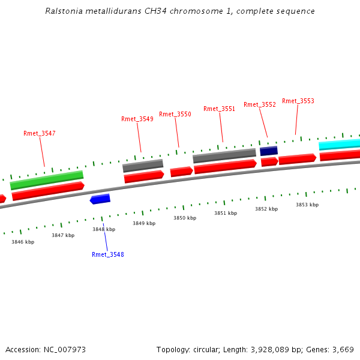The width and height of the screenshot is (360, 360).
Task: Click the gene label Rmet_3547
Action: [40, 133]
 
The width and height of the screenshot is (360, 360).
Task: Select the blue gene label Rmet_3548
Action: [108, 254]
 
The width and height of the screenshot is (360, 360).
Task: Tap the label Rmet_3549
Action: [137, 119]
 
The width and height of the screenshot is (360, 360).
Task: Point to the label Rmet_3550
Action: [175, 114]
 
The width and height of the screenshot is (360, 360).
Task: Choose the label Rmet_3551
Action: [219, 109]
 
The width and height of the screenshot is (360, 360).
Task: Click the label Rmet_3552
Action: [260, 104]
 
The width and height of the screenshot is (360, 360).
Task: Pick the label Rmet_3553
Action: [298, 101]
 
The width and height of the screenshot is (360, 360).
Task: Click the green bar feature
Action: [47, 179]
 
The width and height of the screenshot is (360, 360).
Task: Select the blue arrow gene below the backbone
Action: [100, 199]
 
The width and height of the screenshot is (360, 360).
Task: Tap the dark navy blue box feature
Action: [268, 151]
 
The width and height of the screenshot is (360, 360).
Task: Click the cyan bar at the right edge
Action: [340, 145]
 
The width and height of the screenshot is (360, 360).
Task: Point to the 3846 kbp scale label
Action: [23, 242]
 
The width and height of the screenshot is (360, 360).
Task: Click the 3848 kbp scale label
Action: [103, 229]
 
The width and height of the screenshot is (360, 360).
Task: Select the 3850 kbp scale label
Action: [185, 218]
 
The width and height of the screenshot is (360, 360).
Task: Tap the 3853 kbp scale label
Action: [307, 205]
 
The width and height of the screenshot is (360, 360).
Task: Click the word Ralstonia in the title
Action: [61, 11]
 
